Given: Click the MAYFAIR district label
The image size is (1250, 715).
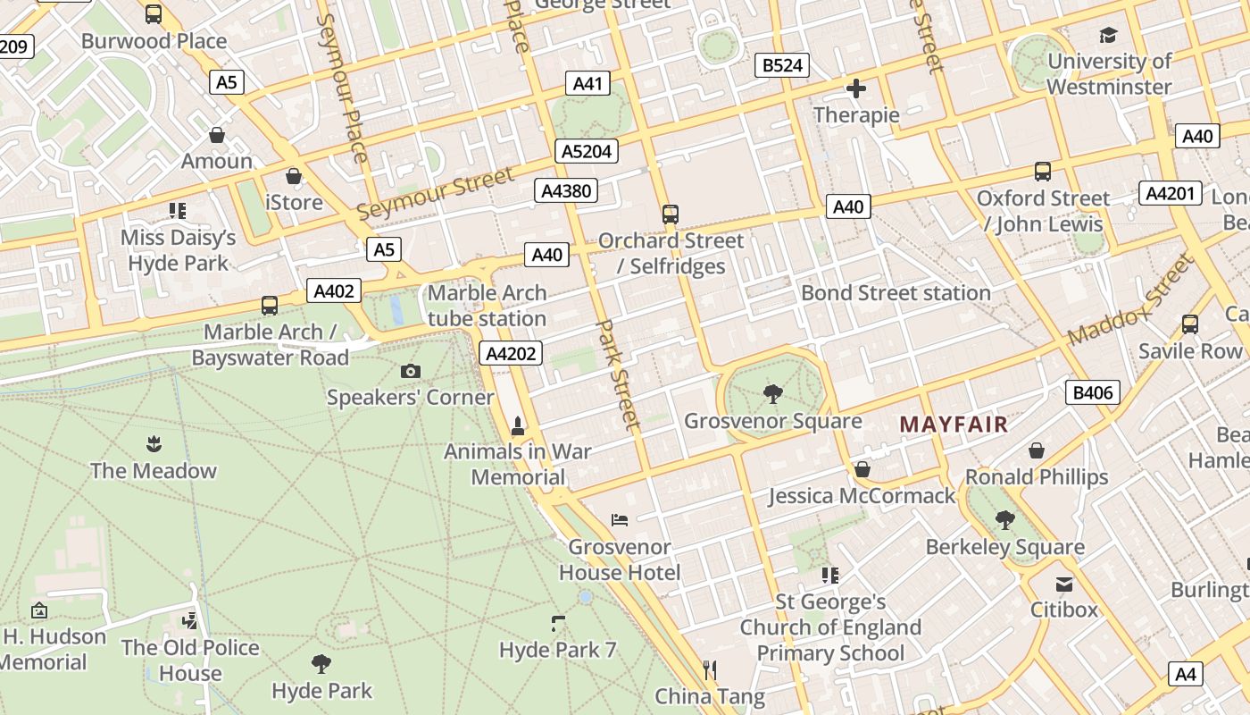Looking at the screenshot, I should (954, 425).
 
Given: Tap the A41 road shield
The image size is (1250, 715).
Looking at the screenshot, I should (587, 84).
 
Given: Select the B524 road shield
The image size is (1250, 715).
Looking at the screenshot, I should (782, 65).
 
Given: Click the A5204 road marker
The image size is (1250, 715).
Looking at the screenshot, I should (587, 151).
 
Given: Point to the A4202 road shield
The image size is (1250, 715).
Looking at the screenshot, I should (511, 354).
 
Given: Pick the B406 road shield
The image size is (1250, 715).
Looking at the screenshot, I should (1092, 392).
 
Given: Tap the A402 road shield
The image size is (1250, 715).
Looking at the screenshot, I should (335, 290).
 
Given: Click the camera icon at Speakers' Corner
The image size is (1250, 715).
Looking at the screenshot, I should (411, 371).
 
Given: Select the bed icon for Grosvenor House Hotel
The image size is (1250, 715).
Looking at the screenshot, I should (620, 519).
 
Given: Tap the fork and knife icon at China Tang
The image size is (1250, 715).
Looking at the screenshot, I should (710, 669).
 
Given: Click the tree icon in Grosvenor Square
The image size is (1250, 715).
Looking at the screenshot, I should (773, 393).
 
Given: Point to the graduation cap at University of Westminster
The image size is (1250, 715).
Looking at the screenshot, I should (1108, 35).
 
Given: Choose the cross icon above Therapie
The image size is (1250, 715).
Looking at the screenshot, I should (856, 88).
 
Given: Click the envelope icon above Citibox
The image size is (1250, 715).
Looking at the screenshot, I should (1063, 585).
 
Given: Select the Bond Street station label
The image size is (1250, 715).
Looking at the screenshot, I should (896, 293).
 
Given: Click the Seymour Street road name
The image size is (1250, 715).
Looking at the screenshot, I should (436, 194).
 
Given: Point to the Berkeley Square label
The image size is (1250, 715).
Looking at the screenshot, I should (1004, 547).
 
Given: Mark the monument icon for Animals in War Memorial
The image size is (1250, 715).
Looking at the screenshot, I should (517, 425).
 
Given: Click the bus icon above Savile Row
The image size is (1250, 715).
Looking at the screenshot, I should (1189, 324).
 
